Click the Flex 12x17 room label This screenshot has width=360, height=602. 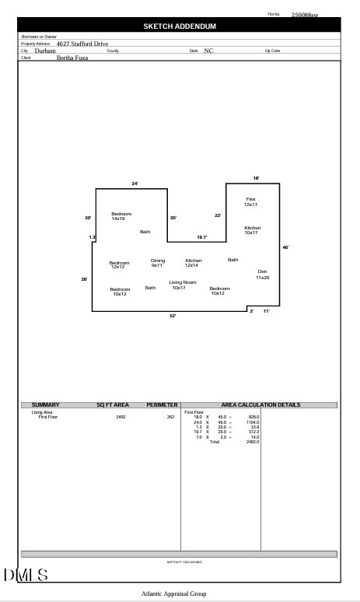(250, 201)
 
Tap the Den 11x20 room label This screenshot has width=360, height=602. (263, 274)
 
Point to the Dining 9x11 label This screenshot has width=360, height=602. (158, 263)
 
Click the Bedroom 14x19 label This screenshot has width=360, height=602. (121, 216)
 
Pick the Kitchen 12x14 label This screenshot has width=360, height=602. (194, 263)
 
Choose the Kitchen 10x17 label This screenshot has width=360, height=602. (252, 230)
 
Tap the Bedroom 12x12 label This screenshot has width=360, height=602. (119, 264)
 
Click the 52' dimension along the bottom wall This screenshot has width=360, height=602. (173, 316)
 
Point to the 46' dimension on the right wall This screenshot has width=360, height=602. (285, 247)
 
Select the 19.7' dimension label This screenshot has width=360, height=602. (201, 237)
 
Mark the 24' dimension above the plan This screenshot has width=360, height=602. (135, 184)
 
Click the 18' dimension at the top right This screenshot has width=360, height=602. (256, 178)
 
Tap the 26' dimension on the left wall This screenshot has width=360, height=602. (84, 279)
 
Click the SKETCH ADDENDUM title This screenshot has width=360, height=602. (180, 26)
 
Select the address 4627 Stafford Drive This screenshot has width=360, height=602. (82, 44)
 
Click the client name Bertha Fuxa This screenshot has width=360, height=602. (72, 58)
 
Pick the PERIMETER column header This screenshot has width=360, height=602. (162, 405)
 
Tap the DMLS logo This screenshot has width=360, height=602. (26, 576)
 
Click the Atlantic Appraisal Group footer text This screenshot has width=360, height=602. (174, 594)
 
